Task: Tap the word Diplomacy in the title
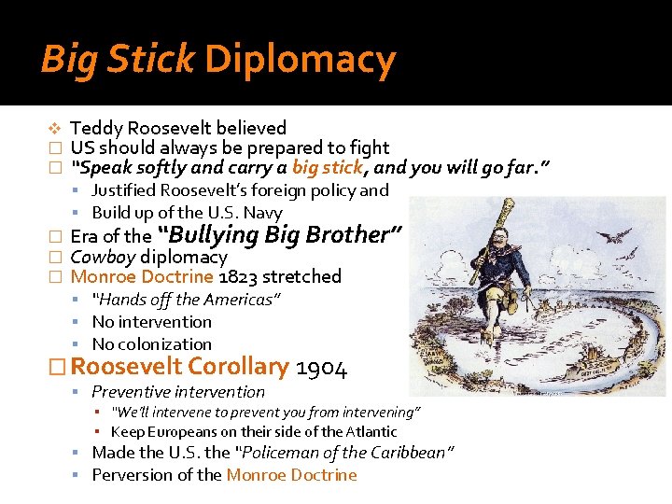[301, 60]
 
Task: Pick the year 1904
[322, 369]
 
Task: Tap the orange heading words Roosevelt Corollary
[180, 368]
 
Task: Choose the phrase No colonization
[152, 344]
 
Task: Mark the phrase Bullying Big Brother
[280, 234]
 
